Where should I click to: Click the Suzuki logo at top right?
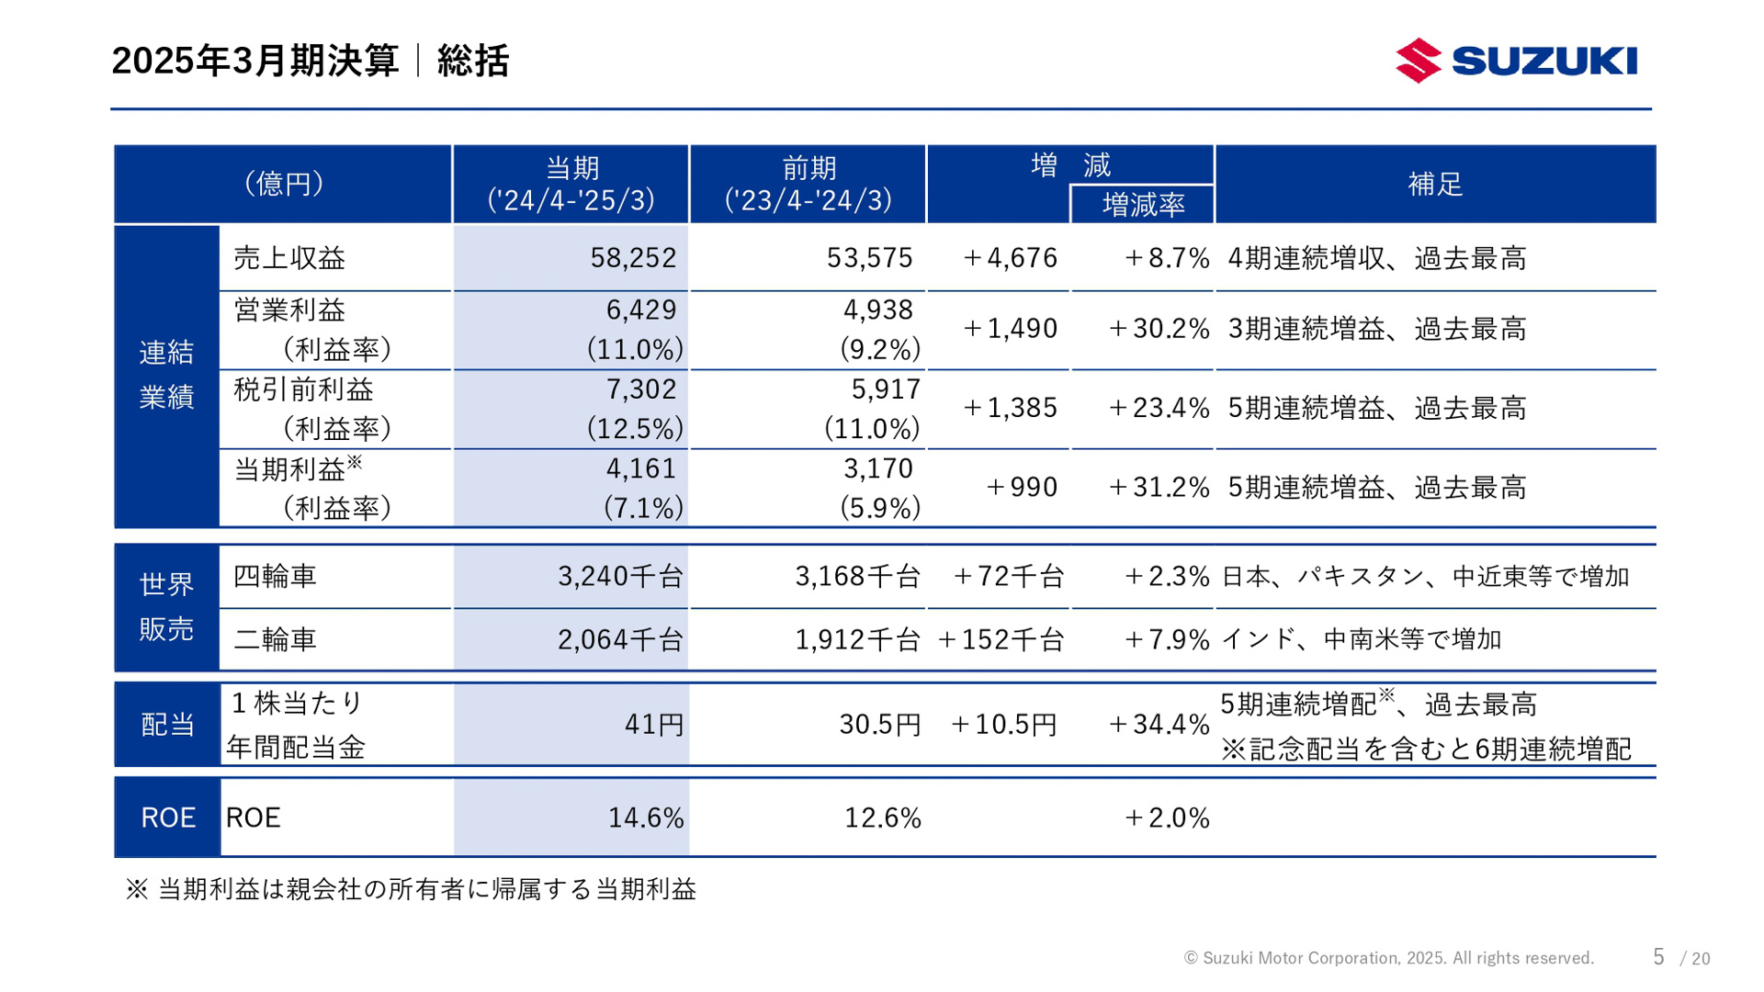[x=1516, y=61]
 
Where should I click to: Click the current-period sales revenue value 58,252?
[x=633, y=258]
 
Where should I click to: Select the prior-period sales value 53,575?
[x=869, y=258]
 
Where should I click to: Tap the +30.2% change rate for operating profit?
[x=1159, y=329]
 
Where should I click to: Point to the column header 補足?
[x=1435, y=184]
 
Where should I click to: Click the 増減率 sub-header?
[x=1143, y=205]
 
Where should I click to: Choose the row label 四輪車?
[x=275, y=576]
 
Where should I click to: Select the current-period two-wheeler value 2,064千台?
[x=620, y=639]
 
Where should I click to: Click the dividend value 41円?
[x=654, y=725]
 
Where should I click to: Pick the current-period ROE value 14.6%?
[x=646, y=817]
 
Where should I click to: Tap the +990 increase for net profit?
[x=1021, y=487]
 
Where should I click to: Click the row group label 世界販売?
[x=166, y=606]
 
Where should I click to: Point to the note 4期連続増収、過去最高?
[x=1376, y=258]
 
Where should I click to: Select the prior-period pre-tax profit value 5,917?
[x=886, y=389]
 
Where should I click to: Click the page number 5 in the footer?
[x=1658, y=957]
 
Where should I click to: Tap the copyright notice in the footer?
[x=1388, y=958]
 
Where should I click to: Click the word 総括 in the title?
[x=473, y=61]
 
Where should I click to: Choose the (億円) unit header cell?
[x=283, y=184]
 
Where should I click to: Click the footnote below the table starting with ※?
[x=411, y=889]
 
